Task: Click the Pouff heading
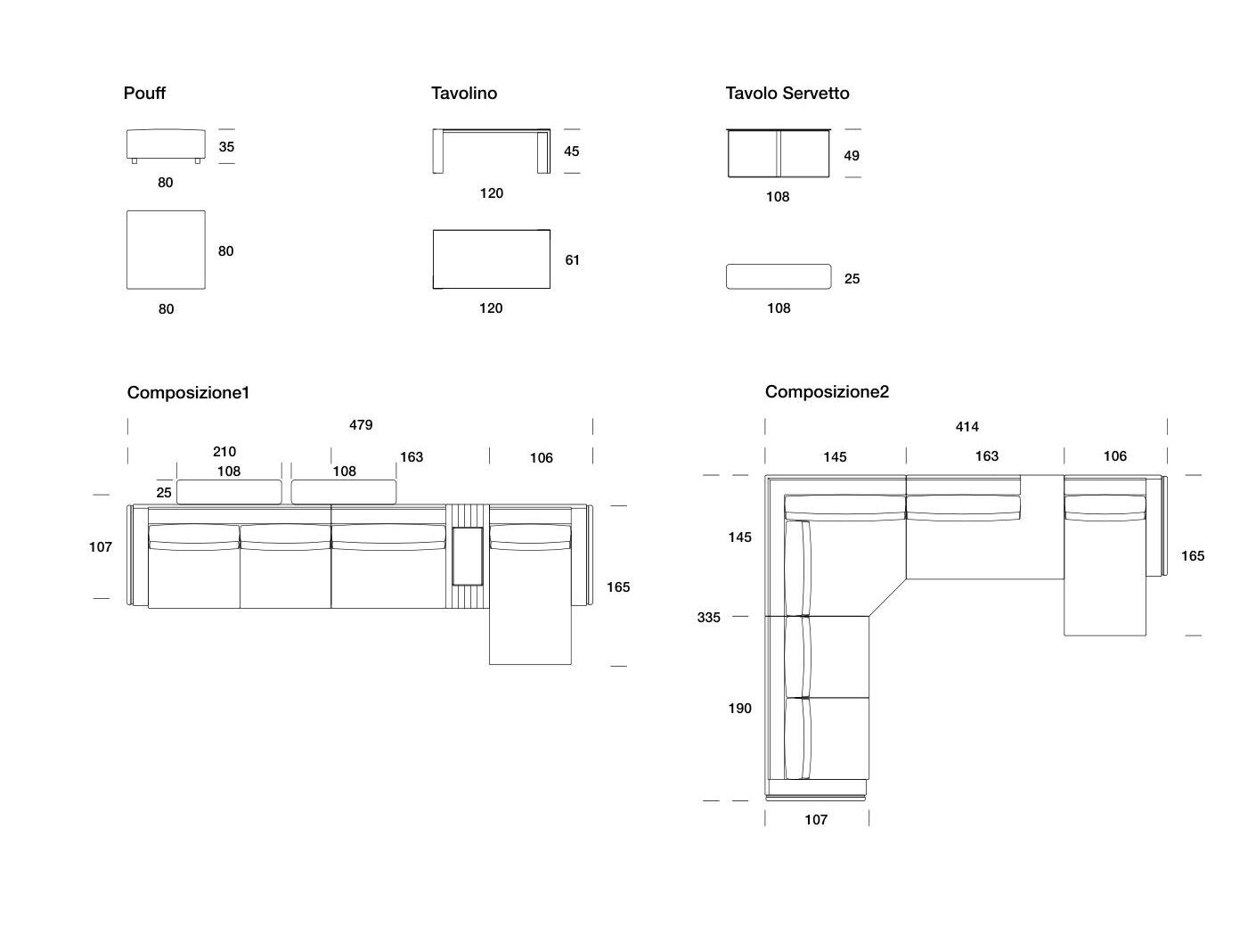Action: [144, 93]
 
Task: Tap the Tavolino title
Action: [464, 93]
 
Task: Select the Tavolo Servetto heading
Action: [787, 93]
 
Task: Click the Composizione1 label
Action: [188, 392]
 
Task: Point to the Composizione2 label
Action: [827, 391]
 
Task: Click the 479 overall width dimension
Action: [361, 425]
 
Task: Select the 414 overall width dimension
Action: [967, 427]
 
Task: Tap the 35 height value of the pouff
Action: [226, 146]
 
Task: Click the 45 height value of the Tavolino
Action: [572, 152]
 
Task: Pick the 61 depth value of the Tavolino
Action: [572, 260]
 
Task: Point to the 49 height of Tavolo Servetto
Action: [852, 156]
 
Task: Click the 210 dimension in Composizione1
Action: [224, 452]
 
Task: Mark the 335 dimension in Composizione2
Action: [709, 617]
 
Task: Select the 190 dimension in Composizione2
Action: [740, 709]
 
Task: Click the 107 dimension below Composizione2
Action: [816, 820]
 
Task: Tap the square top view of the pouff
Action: [166, 250]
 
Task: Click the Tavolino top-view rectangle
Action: [492, 258]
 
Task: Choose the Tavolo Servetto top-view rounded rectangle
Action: [779, 276]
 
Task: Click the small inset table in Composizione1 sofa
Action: [468, 556]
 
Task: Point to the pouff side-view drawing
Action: [166, 145]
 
